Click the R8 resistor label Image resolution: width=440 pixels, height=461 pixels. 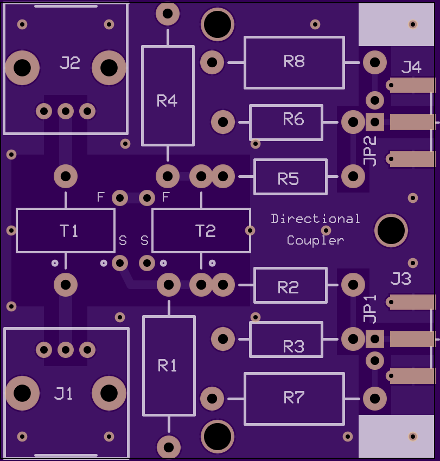click(x=294, y=61)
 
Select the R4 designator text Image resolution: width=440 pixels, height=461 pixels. click(x=167, y=101)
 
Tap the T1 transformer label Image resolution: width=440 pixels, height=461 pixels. click(x=69, y=231)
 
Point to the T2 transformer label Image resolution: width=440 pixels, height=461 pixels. click(x=206, y=231)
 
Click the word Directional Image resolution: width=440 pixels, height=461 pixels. click(x=315, y=219)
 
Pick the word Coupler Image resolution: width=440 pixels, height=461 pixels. click(x=315, y=240)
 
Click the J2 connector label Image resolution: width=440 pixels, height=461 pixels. click(x=69, y=62)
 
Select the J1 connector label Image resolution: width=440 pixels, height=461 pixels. click(x=63, y=393)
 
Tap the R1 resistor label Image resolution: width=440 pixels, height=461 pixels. click(x=167, y=366)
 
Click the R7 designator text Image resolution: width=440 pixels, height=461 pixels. click(x=294, y=398)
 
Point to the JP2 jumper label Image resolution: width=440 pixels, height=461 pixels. click(x=369, y=151)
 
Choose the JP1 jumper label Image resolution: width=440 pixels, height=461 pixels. click(x=369, y=309)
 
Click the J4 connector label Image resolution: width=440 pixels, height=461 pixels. click(x=411, y=67)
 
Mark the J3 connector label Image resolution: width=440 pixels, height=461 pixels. click(x=401, y=278)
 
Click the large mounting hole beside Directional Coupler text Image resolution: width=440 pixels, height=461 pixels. click(x=391, y=230)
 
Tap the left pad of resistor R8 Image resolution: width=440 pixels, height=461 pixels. click(x=212, y=62)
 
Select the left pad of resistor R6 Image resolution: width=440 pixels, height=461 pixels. click(x=223, y=122)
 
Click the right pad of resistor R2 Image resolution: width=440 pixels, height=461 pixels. click(x=353, y=285)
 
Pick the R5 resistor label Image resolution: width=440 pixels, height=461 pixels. click(x=288, y=178)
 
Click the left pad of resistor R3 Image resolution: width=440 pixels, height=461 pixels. click(x=223, y=339)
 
